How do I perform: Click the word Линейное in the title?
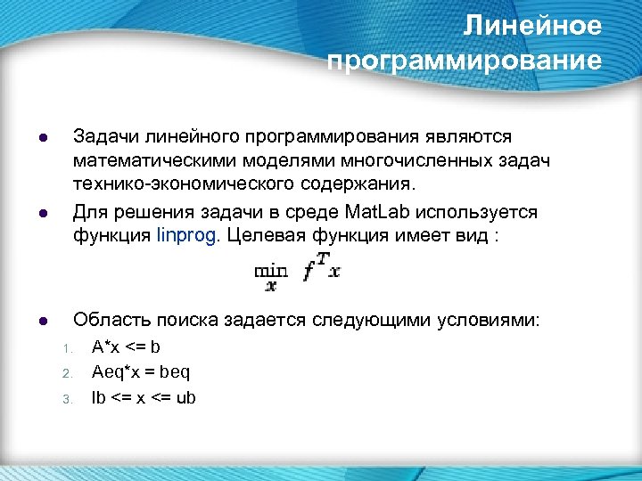pos(532,27)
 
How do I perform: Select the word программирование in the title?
pos(465,61)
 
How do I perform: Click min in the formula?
pos(270,269)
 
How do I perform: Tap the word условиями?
pos(493,320)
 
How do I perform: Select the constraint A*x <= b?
pos(127,346)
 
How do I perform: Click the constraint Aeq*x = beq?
pos(142,371)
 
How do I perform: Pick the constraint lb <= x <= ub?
pos(144,397)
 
